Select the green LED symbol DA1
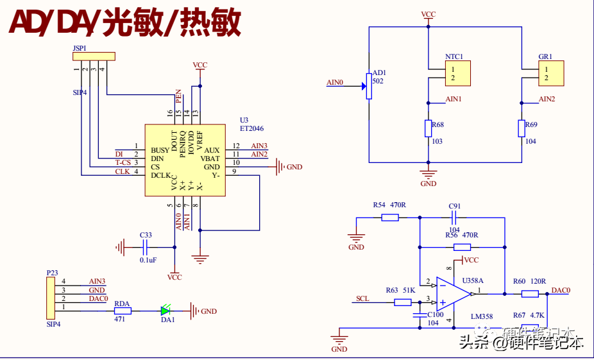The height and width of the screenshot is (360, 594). pyautogui.click(x=166, y=311)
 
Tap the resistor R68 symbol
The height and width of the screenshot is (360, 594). pyautogui.click(x=428, y=128)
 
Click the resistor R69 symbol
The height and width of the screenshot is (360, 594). pyautogui.click(x=521, y=128)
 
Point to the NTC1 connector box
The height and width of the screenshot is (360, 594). pyautogui.click(x=458, y=73)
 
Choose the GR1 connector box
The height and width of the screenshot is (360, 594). pyautogui.click(x=551, y=73)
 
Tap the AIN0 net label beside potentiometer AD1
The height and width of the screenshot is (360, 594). pyautogui.click(x=335, y=83)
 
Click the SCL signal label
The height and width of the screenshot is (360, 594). pyautogui.click(x=362, y=299)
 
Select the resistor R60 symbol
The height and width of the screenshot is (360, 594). pyautogui.click(x=529, y=294)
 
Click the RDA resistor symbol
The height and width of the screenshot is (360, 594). pyautogui.click(x=123, y=311)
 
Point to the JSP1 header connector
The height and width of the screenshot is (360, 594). pyautogui.click(x=94, y=57)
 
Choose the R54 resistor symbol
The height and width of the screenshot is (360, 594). pyautogui.click(x=389, y=218)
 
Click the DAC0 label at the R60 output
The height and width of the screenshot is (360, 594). pyautogui.click(x=561, y=290)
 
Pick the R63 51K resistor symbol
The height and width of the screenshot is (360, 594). pyautogui.click(x=403, y=302)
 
